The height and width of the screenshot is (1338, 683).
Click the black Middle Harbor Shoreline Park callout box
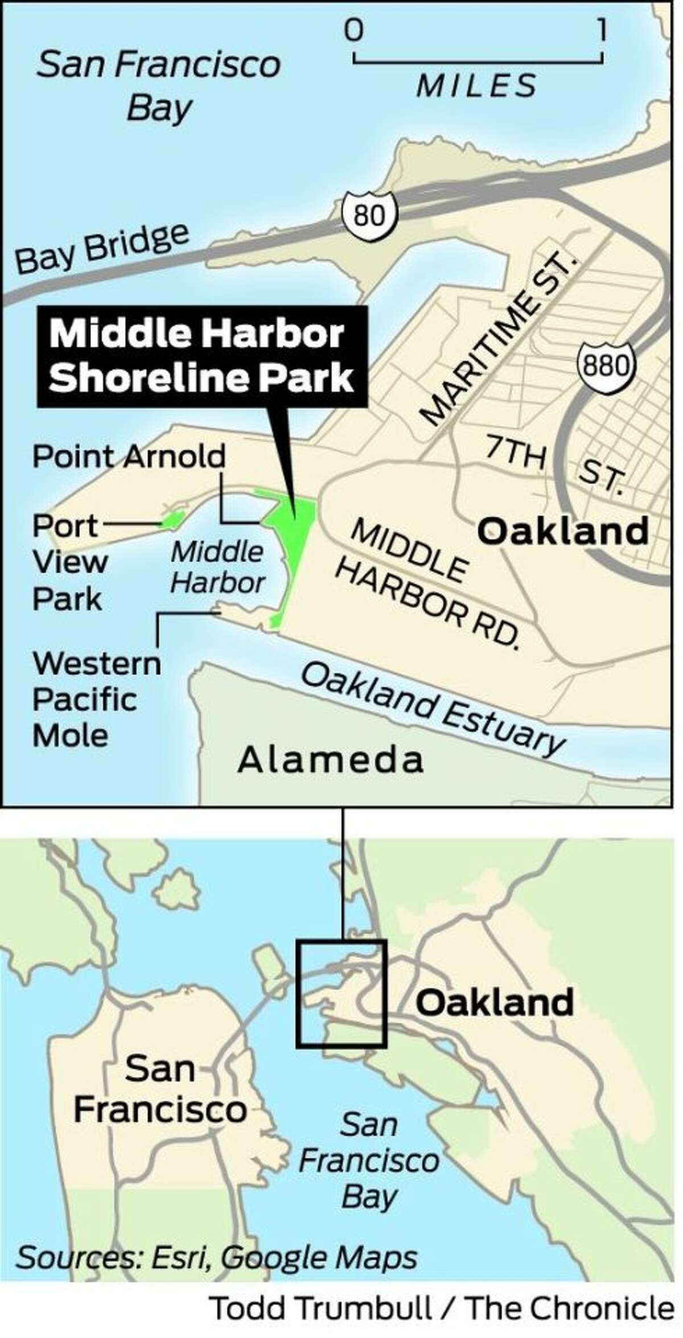click(202, 356)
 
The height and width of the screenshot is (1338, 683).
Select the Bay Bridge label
click(102, 249)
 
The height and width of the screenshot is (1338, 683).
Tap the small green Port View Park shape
click(173, 518)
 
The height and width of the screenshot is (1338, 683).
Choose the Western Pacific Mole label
click(96, 699)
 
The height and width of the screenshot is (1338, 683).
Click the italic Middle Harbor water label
click(218, 567)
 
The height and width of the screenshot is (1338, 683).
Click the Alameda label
click(331, 760)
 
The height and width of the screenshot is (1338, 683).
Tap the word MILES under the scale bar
click(477, 85)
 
